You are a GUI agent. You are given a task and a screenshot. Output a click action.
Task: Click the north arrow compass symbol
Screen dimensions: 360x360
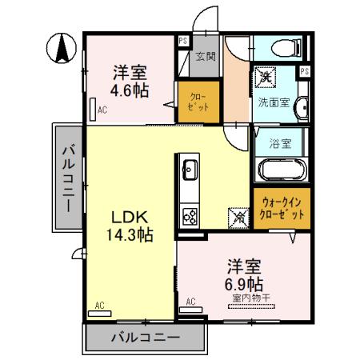click(60, 50)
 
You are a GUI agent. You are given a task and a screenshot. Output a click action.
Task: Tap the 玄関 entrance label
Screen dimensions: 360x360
click(205, 56)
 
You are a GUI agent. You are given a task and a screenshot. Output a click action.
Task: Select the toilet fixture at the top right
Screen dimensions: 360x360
click(279, 48)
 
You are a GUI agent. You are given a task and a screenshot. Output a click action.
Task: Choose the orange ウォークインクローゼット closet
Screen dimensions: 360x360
click(281, 210)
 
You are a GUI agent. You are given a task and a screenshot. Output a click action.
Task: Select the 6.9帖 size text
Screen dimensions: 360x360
click(245, 283)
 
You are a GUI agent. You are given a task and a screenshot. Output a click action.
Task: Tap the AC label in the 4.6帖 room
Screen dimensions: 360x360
click(102, 111)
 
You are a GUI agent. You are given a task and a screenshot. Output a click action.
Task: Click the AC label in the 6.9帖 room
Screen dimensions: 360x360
click(190, 302)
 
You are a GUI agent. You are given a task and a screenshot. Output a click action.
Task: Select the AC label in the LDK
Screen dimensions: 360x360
click(100, 305)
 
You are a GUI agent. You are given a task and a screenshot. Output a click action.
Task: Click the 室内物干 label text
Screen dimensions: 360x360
click(251, 298)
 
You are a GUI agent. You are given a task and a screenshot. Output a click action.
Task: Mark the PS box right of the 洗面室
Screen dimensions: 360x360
click(304, 72)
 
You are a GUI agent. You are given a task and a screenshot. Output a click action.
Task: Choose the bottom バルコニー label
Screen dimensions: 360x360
click(144, 338)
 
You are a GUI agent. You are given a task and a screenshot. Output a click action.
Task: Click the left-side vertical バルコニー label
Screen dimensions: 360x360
click(70, 176)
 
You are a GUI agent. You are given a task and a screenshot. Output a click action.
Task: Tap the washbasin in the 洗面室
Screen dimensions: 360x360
click(300, 109)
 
